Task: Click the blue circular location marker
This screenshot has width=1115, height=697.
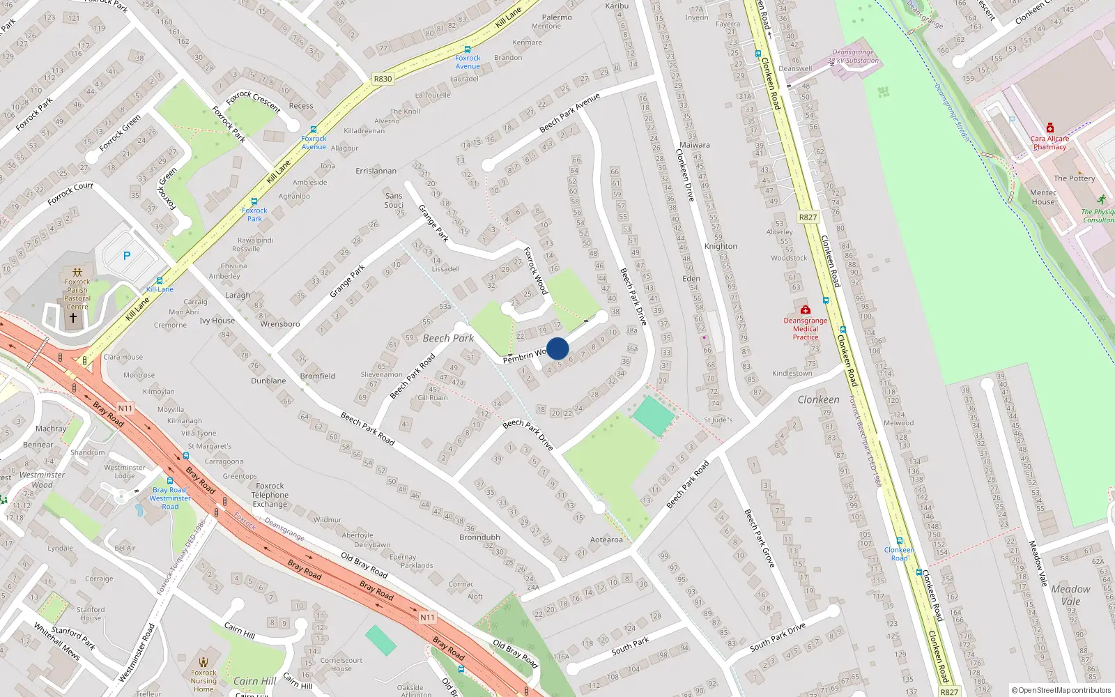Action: [557, 348]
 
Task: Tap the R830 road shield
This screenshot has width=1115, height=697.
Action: [383, 79]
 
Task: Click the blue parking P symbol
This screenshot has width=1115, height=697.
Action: [127, 256]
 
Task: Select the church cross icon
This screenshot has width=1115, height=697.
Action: [72, 318]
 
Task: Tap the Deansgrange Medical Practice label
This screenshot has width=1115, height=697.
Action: [806, 329]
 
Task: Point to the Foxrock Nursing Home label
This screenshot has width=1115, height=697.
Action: [203, 681]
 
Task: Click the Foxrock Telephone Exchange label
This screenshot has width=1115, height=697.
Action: [270, 495]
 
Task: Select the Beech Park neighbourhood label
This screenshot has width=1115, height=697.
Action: [448, 338]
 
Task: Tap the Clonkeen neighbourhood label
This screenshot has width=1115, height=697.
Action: [818, 399]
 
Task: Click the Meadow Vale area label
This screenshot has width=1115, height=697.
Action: [1070, 595]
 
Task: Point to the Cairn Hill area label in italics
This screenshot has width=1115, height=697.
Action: [254, 681]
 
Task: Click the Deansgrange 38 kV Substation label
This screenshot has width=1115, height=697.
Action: [853, 56]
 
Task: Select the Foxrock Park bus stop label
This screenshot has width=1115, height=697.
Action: [254, 214]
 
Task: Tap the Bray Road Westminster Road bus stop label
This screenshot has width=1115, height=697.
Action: [170, 498]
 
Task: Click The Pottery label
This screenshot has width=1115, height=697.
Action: [1074, 178]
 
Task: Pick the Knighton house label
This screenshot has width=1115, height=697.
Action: [721, 246]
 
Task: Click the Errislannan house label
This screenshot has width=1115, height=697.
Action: [376, 171]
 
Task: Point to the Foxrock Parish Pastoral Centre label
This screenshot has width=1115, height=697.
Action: [77, 294]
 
